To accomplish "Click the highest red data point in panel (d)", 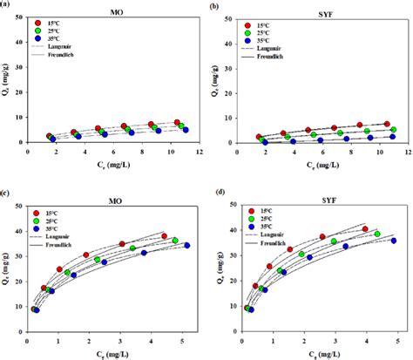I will tap(365, 229).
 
